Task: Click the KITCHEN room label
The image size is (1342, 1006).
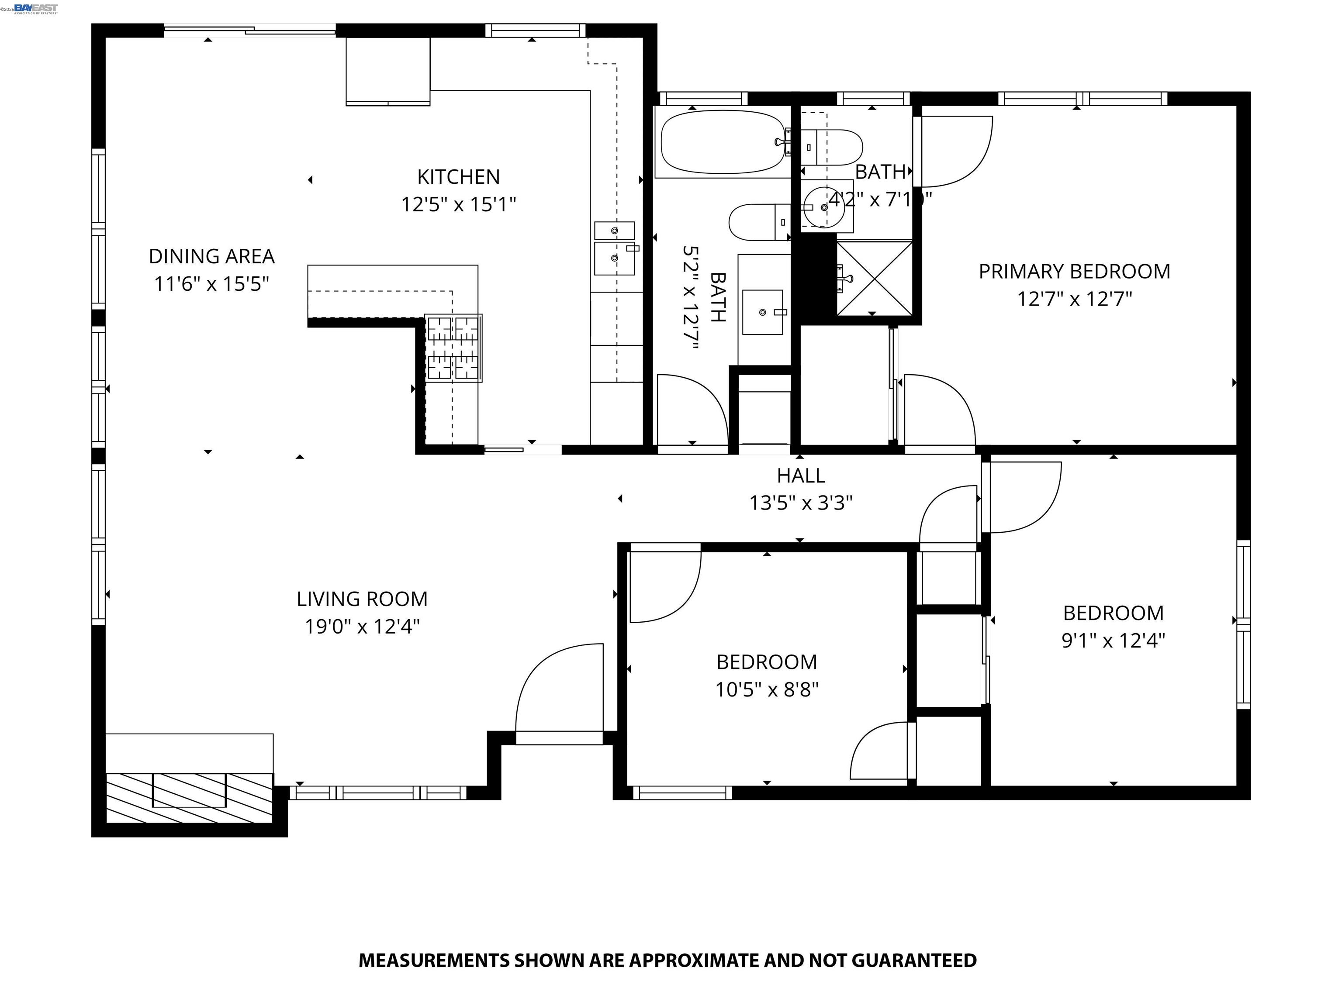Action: pos(458,177)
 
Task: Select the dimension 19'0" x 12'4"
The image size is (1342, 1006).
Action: pos(362,627)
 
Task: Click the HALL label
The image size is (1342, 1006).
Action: pos(801,476)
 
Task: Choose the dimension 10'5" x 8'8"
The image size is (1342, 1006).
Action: pos(766,689)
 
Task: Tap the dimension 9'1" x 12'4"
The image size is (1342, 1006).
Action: pos(1113,641)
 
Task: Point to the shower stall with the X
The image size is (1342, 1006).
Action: pos(874,278)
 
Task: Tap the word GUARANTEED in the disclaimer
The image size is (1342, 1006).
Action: pos(914,961)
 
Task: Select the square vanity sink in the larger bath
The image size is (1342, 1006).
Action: pos(763,312)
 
